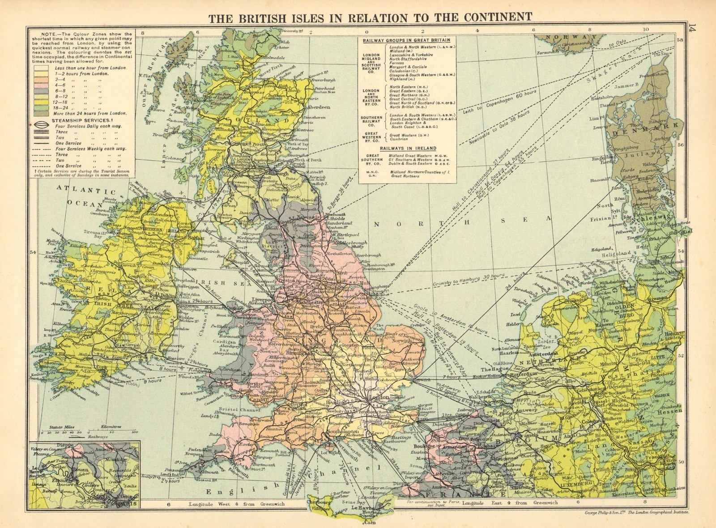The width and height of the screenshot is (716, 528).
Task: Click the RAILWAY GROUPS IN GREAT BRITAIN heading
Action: (406, 40)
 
